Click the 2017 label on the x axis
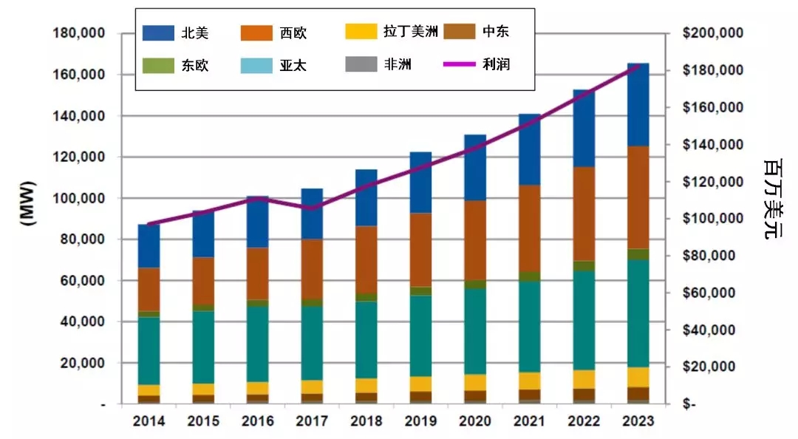[x=311, y=421]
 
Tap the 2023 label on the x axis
[x=636, y=421]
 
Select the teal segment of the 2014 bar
[x=149, y=351]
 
